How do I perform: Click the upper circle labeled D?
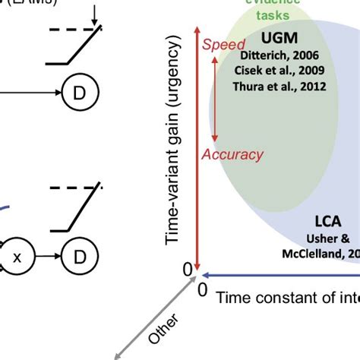click(79, 93)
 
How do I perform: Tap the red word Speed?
click(223, 45)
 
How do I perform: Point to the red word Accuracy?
click(232, 154)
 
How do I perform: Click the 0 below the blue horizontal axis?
click(203, 290)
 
